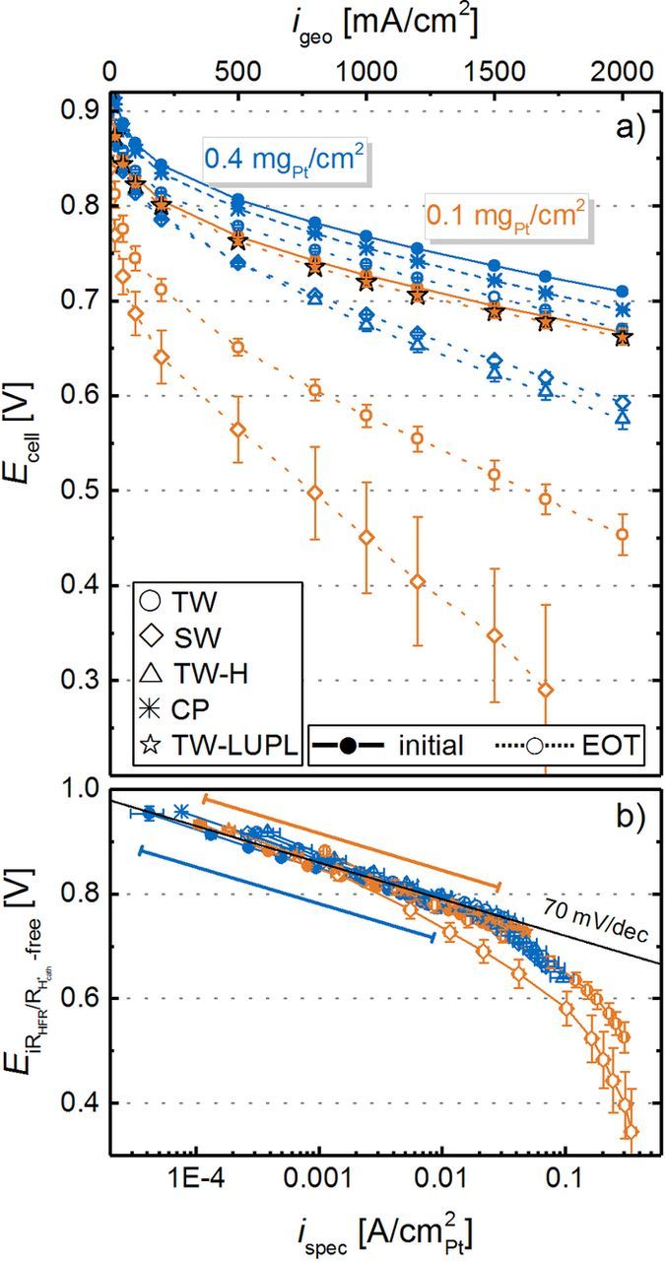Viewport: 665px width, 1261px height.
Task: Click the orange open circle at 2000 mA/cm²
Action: pos(622,535)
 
